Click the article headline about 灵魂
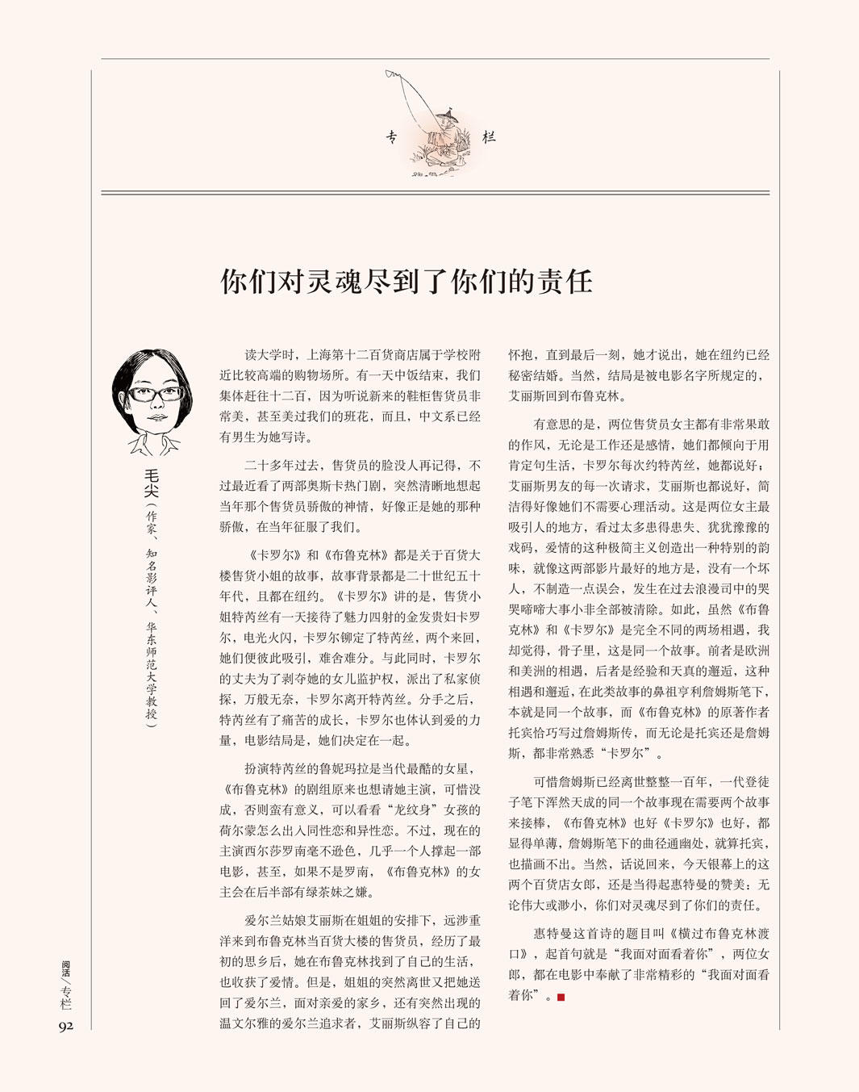pos(407,282)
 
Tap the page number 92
pos(65,1026)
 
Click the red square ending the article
pos(561,997)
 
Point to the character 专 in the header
pos(391,137)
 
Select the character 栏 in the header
pos(489,137)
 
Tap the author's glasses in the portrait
pos(155,395)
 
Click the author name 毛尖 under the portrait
pos(151,483)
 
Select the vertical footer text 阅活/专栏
pos(66,984)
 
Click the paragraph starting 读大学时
pos(350,395)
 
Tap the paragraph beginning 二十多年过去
pos(350,496)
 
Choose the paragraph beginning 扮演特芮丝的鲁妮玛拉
pos(350,831)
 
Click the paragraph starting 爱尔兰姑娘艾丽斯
pos(350,973)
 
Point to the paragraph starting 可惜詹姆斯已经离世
pos(639,843)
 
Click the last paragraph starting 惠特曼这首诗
pos(639,964)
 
